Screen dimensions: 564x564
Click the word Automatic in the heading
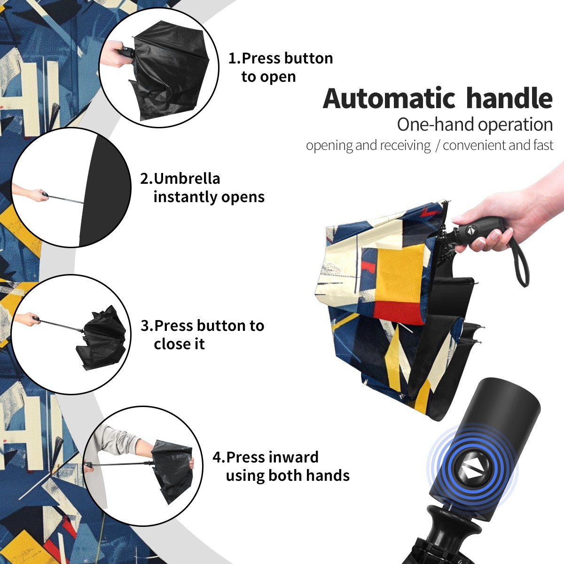point(389,99)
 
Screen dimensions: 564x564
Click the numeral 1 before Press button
point(233,58)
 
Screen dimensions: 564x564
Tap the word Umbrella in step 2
point(187,179)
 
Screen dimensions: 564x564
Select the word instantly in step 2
point(185,196)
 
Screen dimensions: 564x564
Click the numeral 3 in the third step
point(145,326)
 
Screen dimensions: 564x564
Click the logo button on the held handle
point(470,230)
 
